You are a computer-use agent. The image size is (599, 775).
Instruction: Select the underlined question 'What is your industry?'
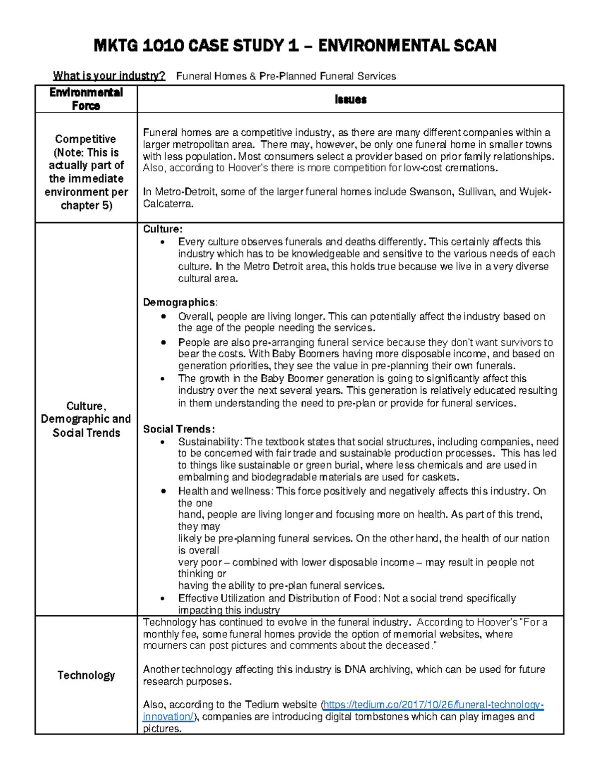[x=109, y=76]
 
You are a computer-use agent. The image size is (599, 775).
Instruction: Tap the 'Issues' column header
[x=350, y=99]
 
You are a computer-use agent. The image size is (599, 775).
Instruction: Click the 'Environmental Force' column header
[x=86, y=99]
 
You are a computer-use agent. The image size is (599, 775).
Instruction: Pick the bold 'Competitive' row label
[x=85, y=139]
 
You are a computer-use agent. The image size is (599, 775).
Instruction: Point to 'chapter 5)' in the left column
[x=86, y=205]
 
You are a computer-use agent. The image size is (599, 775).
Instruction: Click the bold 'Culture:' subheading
[x=163, y=229]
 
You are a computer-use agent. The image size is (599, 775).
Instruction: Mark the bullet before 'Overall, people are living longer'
[x=163, y=317]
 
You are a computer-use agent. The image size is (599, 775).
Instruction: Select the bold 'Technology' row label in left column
[x=86, y=675]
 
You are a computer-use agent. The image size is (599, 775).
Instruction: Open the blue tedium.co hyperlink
[x=432, y=705]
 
